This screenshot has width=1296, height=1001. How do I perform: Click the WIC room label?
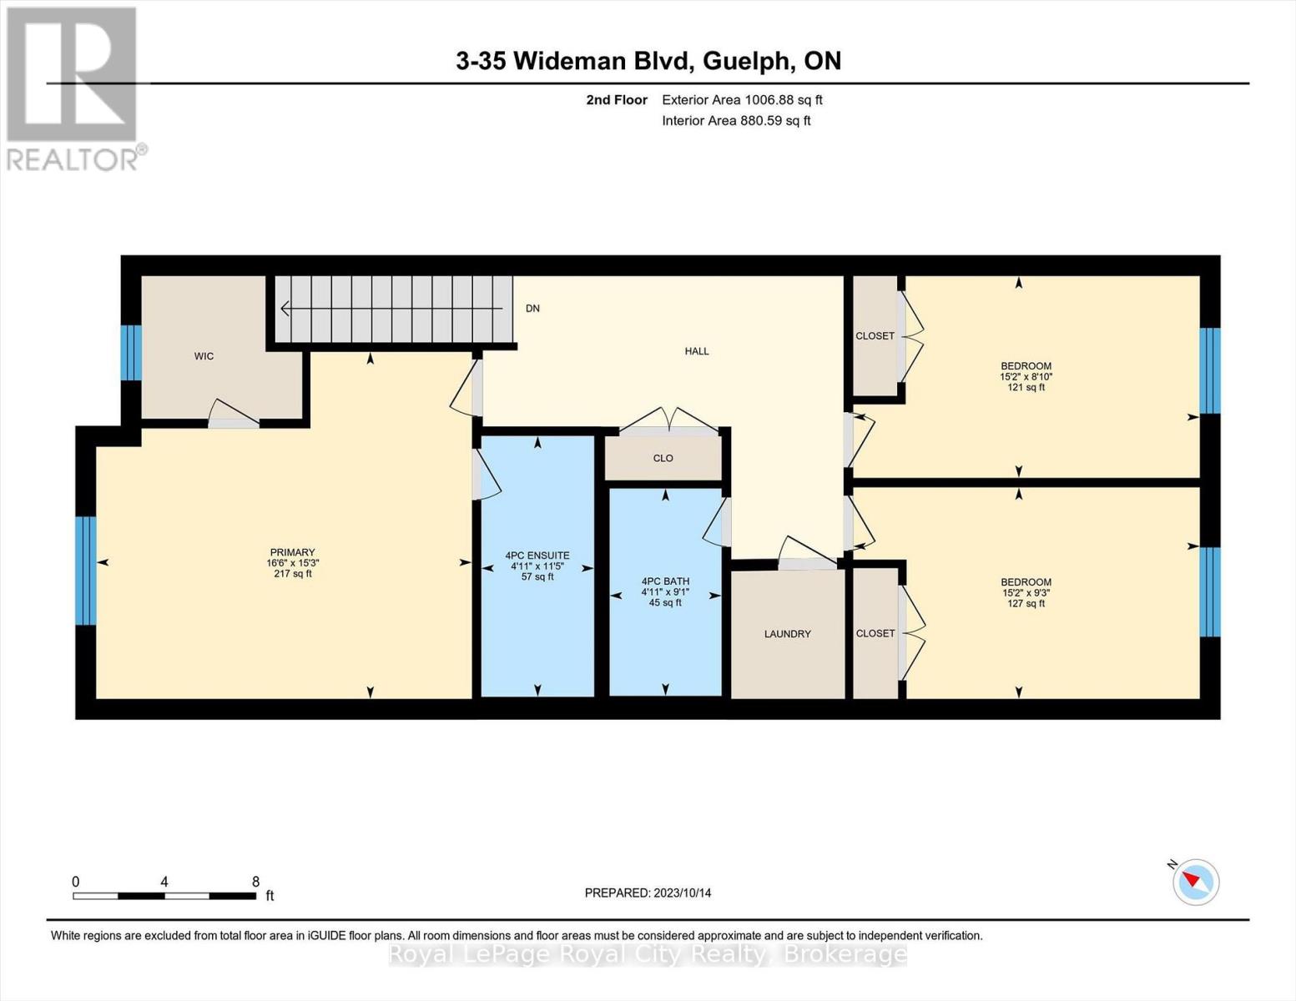pyautogui.click(x=204, y=356)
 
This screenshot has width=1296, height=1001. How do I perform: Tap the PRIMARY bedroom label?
pyautogui.click(x=292, y=552)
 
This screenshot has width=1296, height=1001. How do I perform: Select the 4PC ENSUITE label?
pyautogui.click(x=537, y=556)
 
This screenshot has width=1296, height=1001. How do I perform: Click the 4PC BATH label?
pyautogui.click(x=665, y=581)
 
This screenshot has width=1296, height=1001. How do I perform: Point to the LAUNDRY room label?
pyautogui.click(x=787, y=634)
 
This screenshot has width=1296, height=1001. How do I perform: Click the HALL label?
pyautogui.click(x=697, y=351)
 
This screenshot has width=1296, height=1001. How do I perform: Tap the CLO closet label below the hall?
pyautogui.click(x=663, y=458)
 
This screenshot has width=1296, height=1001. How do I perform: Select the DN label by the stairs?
pyautogui.click(x=532, y=309)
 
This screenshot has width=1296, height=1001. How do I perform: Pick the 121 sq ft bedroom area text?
pyautogui.click(x=1026, y=388)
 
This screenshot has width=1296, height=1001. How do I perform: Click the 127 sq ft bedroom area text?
pyautogui.click(x=1026, y=604)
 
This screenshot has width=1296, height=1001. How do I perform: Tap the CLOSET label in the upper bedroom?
pyautogui.click(x=875, y=336)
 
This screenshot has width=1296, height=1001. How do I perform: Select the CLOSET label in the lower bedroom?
pyautogui.click(x=875, y=634)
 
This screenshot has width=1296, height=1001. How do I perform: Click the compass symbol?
pyautogui.click(x=1195, y=882)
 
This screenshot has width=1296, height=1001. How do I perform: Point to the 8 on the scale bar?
pyautogui.click(x=255, y=882)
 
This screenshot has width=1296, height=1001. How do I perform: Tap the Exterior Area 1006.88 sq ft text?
pyautogui.click(x=742, y=100)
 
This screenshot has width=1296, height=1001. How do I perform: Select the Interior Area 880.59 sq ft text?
pyautogui.click(x=736, y=121)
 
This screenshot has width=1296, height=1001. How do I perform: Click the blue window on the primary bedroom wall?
pyautogui.click(x=85, y=571)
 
